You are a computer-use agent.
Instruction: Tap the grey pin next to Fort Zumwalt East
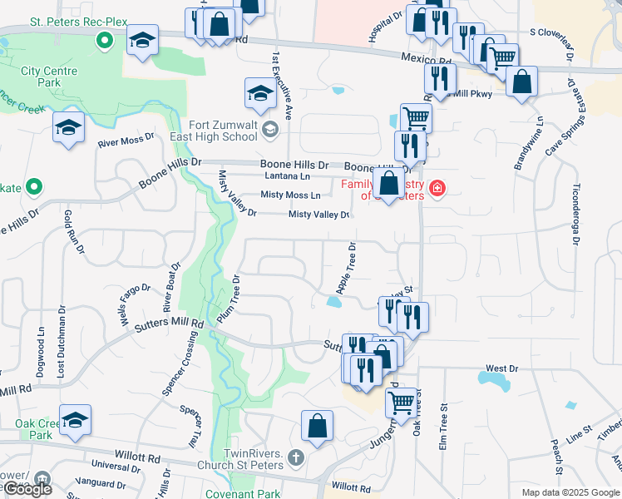tap(271, 129)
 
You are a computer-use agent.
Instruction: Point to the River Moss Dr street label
tap(126, 141)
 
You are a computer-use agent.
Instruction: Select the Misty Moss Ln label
tap(290, 195)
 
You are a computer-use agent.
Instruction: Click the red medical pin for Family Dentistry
tap(435, 191)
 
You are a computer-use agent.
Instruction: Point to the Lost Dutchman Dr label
tap(62, 344)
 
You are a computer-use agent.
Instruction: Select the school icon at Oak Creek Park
tap(75, 422)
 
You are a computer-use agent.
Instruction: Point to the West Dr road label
tap(501, 368)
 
